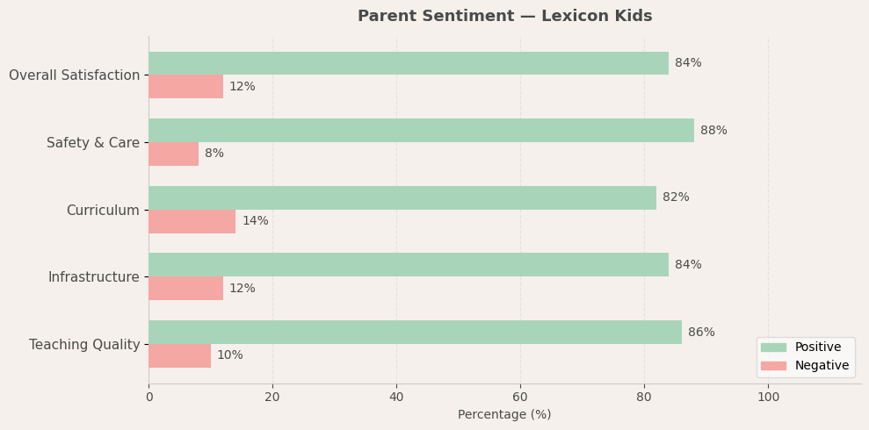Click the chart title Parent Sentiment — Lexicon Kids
[504, 17]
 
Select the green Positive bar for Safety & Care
[421, 131]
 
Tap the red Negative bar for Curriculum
[192, 221]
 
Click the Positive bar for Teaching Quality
[415, 333]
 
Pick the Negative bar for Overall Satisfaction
[185, 87]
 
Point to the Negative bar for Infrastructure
[185, 289]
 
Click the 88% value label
[713, 131]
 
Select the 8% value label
[214, 154]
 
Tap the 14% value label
[255, 221]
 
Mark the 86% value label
[701, 333]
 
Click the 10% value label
[229, 355]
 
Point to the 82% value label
[676, 197]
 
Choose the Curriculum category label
[103, 211]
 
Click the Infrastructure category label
[93, 277]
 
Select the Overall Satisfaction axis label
[74, 75]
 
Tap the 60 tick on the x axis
[520, 397]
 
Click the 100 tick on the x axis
[768, 397]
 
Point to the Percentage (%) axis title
[504, 415]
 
